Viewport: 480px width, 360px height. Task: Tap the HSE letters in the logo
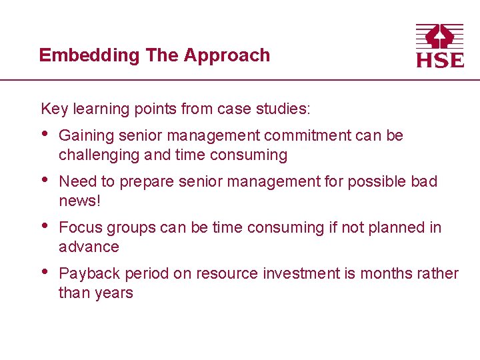[439, 60]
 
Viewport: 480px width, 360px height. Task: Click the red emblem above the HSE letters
[439, 36]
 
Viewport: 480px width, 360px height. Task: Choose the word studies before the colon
[288, 108]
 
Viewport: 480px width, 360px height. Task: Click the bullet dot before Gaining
[45, 135]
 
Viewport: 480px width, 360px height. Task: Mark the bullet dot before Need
[45, 181]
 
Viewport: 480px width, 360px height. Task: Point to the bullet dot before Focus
[45, 227]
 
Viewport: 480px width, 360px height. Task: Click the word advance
[89, 247]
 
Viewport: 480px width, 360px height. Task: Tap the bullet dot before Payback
[45, 273]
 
